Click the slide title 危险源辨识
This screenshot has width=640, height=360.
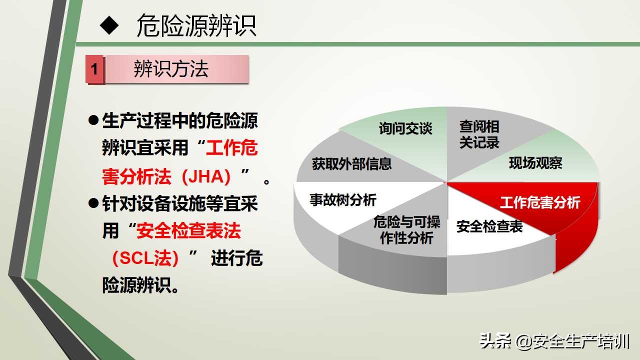click(196, 26)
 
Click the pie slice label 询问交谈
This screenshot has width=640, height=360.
click(405, 128)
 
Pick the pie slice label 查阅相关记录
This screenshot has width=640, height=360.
click(479, 134)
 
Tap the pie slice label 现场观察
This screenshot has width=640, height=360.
click(535, 162)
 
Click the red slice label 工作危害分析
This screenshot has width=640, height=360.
click(540, 202)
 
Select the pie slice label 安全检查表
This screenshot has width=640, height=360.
click(489, 226)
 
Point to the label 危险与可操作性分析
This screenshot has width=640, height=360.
click(406, 230)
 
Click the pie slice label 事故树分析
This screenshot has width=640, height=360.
click(342, 200)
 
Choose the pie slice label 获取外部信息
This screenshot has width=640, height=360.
click(351, 163)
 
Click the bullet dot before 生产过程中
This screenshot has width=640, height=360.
click(93, 120)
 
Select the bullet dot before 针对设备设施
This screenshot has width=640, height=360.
click(93, 203)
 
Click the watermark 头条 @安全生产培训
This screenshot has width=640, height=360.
click(554, 341)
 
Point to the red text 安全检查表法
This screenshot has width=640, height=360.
click(188, 230)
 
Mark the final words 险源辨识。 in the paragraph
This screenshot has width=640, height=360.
click(141, 285)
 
